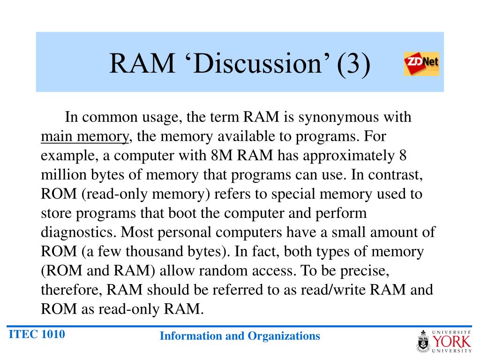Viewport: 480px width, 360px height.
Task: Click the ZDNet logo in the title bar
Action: (421, 64)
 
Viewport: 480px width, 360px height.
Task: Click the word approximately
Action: (347, 155)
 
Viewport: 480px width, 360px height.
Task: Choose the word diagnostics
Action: (78, 232)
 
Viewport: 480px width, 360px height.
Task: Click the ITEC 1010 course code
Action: (37, 335)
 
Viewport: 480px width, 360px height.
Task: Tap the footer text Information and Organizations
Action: (240, 336)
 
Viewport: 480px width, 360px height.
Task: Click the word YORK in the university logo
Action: (452, 340)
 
